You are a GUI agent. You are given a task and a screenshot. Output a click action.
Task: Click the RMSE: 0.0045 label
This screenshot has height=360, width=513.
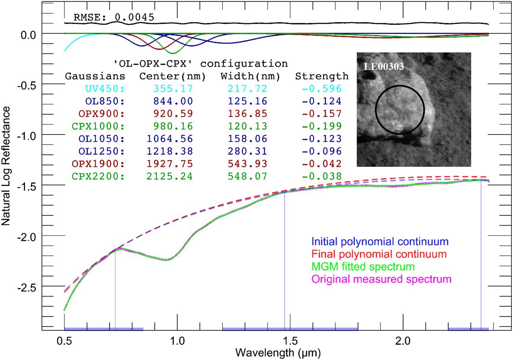[x=114, y=17]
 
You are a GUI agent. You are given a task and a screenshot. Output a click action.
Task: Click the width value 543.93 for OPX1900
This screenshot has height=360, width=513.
[x=244, y=164]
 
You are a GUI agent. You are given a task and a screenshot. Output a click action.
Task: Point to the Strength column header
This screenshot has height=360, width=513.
[x=322, y=76]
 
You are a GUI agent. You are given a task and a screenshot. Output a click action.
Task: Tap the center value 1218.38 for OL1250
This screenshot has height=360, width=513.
[x=170, y=151]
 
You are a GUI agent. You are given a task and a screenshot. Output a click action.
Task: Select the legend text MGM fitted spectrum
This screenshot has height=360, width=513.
[x=362, y=266]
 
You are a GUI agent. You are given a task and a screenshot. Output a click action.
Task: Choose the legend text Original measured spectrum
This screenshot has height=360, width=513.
[x=381, y=279]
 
